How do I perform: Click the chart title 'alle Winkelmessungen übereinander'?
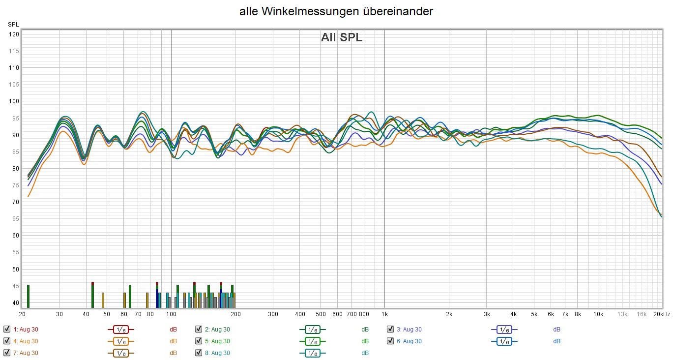point(336,12)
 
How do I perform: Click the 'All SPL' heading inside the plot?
point(342,37)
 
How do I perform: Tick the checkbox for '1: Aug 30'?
point(6,330)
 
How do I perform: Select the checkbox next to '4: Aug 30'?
point(6,341)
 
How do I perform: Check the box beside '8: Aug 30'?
point(198,353)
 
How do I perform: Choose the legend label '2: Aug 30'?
point(217,330)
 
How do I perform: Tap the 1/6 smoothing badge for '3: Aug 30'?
point(504,330)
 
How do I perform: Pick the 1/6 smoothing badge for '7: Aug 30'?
point(120,353)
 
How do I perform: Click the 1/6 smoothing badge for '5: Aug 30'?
point(312,341)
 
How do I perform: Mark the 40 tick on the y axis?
point(15,303)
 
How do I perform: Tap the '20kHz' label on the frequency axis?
point(662,314)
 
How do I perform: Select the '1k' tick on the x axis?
point(384,314)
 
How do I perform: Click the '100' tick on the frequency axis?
point(171,314)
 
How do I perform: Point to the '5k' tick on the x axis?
point(534,314)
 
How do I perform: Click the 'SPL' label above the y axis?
point(13,24)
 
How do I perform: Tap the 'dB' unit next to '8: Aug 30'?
point(365,353)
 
